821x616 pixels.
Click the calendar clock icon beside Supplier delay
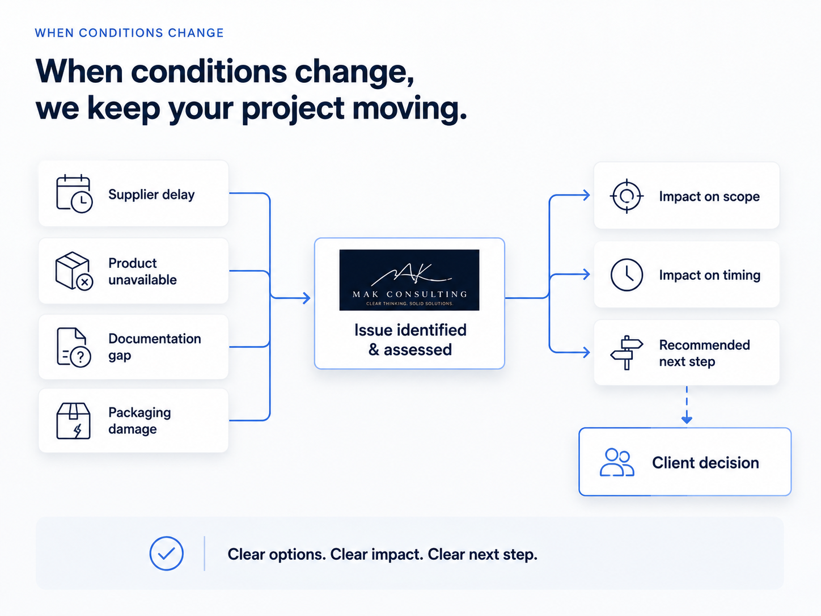coord(74,194)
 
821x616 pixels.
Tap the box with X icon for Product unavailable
coord(74,271)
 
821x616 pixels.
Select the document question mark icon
coord(74,348)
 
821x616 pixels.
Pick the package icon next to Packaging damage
coord(73,421)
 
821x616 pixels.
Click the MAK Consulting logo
coord(409,280)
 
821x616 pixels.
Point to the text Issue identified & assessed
coord(410,340)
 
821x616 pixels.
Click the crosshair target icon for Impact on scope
coord(627,196)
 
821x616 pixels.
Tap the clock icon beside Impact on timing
coord(627,275)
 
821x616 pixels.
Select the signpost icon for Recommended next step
coord(627,353)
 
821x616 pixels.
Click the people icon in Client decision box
coord(617,462)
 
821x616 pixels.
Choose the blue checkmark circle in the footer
coord(167,554)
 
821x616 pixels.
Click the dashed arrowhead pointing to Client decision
coord(687,419)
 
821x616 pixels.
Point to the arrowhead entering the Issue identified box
coord(307,298)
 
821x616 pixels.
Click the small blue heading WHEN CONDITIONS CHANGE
coord(129,33)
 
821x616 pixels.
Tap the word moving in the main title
coord(409,108)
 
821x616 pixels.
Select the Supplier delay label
coord(151,195)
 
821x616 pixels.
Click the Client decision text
coord(705,463)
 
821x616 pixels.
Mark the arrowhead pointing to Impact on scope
coord(586,195)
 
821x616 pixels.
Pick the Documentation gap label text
coord(154,347)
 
